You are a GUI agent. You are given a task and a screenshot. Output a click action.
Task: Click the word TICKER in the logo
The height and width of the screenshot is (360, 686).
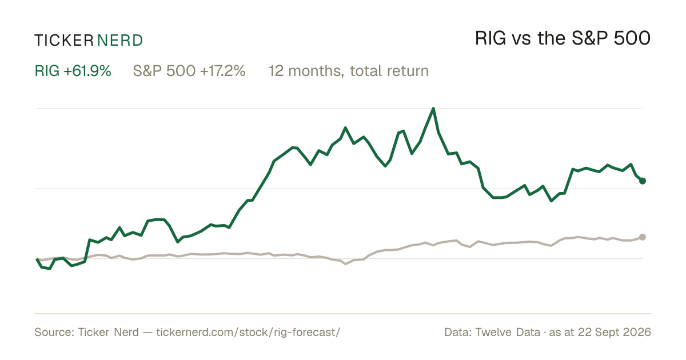64,41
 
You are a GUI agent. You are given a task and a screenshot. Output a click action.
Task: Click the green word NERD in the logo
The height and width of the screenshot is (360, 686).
120,41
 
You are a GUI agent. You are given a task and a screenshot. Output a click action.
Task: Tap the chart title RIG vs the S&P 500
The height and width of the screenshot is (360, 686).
563,39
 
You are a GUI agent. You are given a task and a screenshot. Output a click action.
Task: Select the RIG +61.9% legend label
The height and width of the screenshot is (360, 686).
73,71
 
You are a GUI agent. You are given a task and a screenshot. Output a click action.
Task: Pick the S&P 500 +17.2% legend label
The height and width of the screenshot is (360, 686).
189,71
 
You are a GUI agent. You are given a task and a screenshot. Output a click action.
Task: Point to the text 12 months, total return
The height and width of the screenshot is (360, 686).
349,71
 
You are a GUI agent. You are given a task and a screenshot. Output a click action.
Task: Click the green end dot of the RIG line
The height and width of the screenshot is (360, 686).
643,181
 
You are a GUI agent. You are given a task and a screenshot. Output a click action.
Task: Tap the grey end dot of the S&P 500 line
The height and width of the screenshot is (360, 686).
643,237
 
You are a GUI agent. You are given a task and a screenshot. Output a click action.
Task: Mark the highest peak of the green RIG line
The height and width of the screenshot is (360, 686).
433,109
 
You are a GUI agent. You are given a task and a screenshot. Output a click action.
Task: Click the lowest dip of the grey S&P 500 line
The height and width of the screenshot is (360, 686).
345,264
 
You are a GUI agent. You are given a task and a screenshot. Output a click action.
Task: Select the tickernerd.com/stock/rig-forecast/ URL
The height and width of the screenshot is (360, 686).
248,332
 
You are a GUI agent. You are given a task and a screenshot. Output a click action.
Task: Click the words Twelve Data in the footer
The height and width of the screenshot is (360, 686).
508,332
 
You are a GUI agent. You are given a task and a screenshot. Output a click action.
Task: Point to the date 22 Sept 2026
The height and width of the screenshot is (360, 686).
615,332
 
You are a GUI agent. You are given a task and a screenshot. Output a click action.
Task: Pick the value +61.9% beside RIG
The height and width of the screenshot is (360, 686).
87,71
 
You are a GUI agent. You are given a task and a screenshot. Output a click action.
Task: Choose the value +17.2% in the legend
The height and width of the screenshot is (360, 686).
222,71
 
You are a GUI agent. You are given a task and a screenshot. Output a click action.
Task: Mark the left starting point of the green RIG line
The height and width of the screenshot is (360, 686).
37,259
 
